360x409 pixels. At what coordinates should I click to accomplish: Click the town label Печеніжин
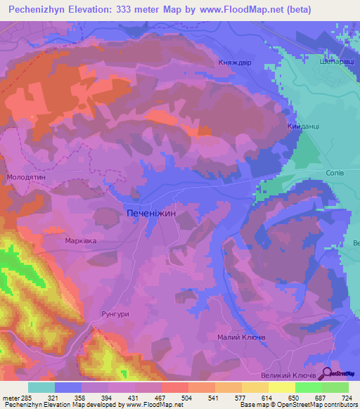[x=160, y=211]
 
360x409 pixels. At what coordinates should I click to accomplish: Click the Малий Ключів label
[x=241, y=337]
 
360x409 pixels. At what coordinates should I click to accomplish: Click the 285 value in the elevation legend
[x=27, y=398]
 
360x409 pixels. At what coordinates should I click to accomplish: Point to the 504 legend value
[x=188, y=398]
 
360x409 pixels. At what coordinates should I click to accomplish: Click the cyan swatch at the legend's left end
[x=41, y=387]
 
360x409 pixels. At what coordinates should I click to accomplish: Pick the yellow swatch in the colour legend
[x=282, y=387]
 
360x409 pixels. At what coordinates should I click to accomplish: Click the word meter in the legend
[x=10, y=398]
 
